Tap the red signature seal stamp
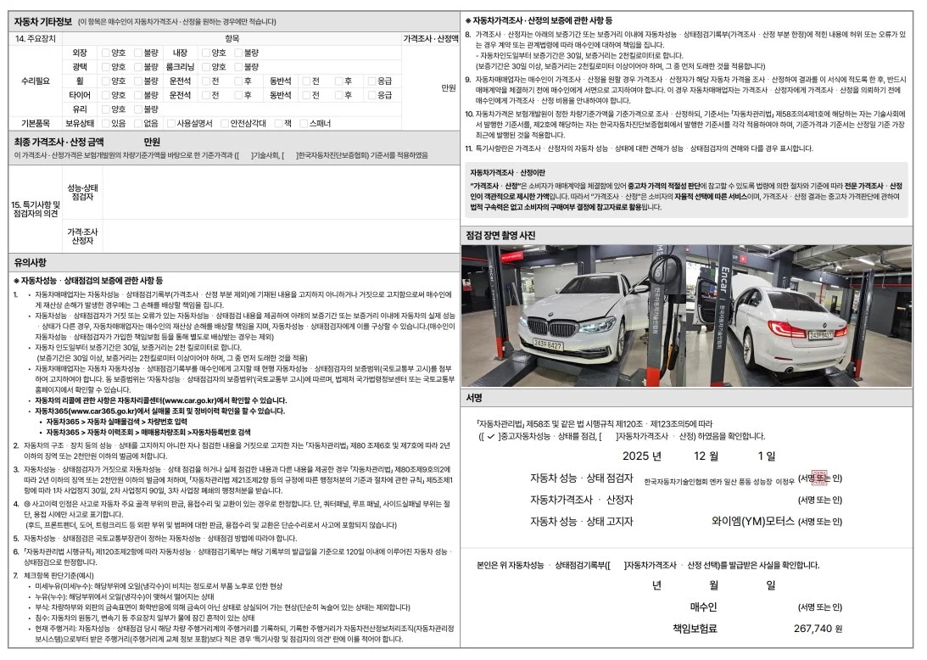coord(818,479)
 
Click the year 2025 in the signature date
coord(641,456)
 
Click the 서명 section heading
coord(474,397)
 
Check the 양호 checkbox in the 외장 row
coord(106,53)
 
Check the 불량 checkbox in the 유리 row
coord(138,109)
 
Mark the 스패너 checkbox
coord(304,123)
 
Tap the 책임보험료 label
coord(695,629)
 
